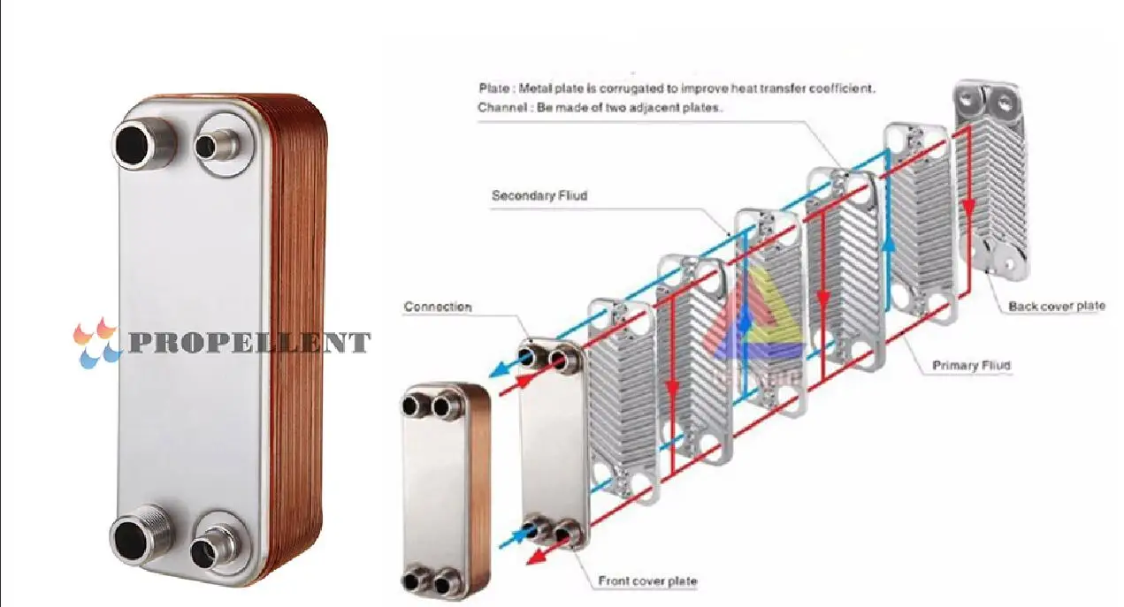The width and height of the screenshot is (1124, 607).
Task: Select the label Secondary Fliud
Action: (x=539, y=195)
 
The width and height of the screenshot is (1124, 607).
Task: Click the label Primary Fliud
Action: (x=971, y=365)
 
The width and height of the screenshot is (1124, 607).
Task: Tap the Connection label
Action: (x=437, y=307)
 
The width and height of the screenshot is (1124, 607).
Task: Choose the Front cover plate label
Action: (x=647, y=580)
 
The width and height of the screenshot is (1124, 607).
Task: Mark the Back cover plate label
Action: (x=1056, y=307)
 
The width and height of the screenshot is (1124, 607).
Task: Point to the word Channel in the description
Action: (x=499, y=107)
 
